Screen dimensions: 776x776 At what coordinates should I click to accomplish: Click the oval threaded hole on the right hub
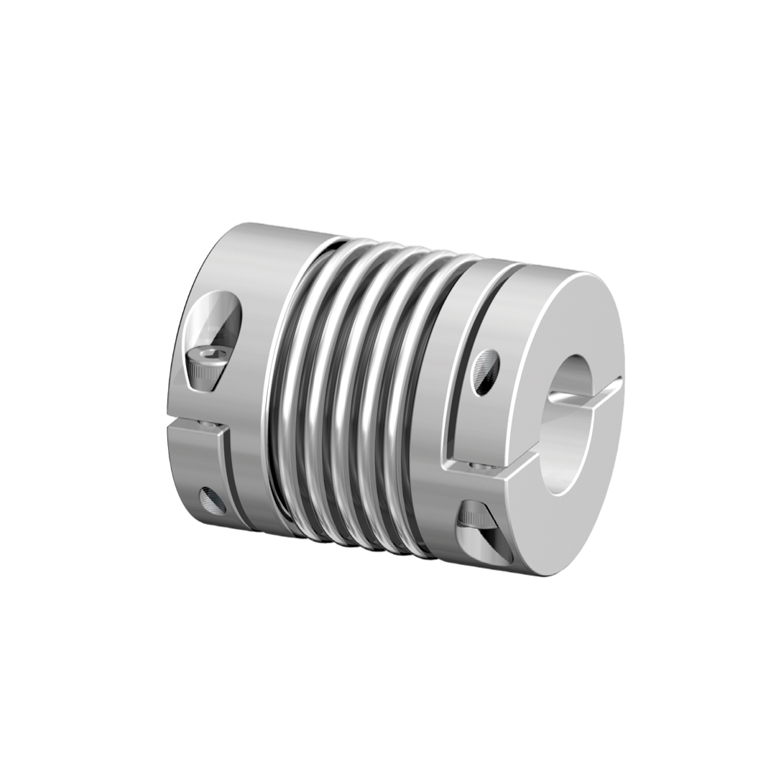point(486,371)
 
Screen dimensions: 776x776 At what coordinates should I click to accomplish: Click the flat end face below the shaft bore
point(568,525)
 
